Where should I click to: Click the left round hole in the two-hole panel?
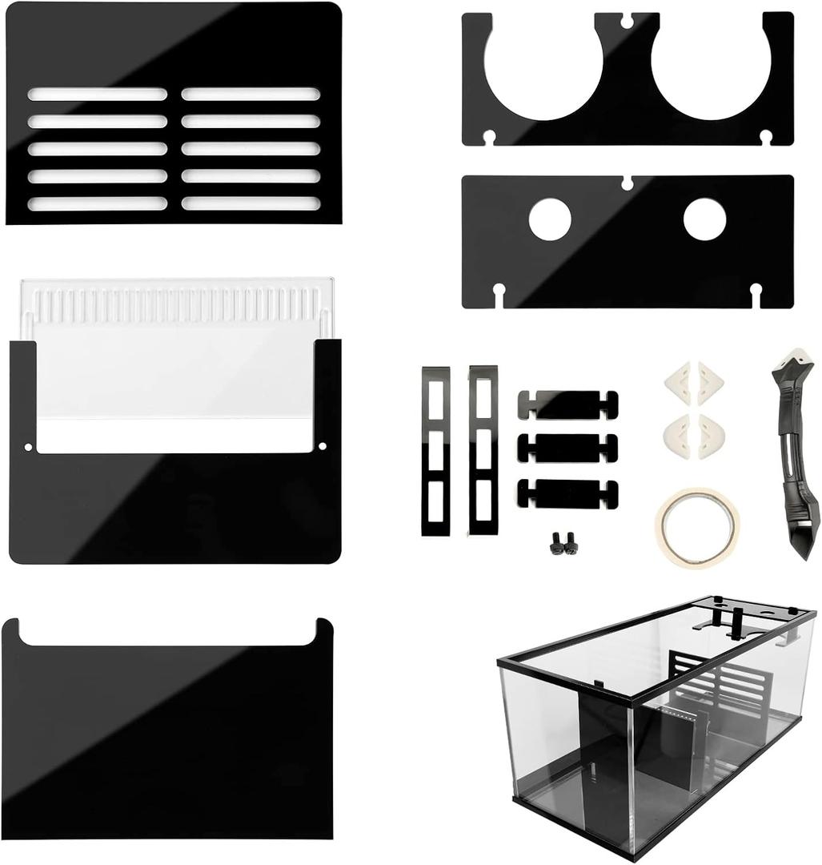tap(550, 218)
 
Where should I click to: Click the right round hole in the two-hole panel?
tap(704, 218)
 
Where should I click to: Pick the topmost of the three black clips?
tap(567, 404)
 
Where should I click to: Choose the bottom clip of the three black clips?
tap(567, 493)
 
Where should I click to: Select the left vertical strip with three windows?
tap(436, 451)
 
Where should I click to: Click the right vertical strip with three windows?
tap(483, 451)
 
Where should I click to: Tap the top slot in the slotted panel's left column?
tap(98, 95)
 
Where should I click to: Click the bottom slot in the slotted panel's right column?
tap(251, 203)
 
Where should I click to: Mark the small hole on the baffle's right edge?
tap(323, 446)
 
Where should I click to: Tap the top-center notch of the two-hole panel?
tap(628, 183)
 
